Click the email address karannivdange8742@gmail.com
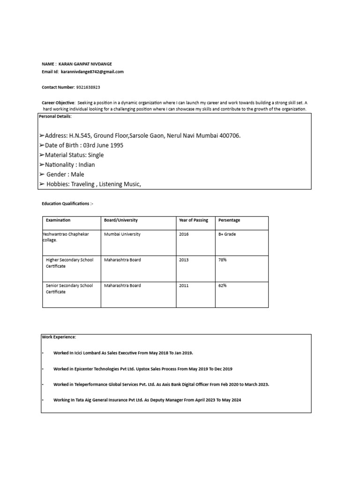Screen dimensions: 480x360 (92, 72)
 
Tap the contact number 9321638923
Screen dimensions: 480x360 (88, 87)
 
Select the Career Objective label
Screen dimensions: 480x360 (59, 102)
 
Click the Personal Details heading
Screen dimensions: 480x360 (55, 116)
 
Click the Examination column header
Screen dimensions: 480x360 (58, 220)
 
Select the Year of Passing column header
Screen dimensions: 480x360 (193, 220)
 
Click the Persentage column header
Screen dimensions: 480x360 (229, 220)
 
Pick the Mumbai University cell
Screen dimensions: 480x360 (122, 234)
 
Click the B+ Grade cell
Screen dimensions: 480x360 (227, 234)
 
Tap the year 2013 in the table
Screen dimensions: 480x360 (184, 260)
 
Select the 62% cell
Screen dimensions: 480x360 (222, 285)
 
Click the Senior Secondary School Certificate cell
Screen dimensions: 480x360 (69, 289)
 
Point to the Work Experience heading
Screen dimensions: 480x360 (59, 337)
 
